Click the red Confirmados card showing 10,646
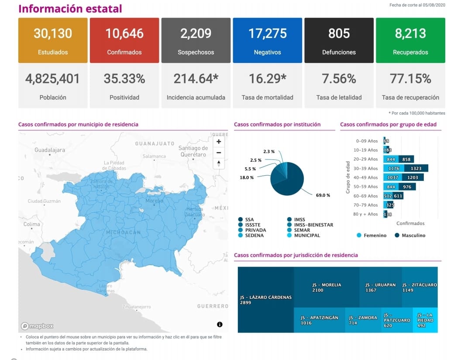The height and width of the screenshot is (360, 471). pos(124,40)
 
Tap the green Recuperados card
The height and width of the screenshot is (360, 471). pos(410,40)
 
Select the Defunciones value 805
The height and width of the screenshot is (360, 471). pos(339,34)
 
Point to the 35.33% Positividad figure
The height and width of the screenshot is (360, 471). pos(124,79)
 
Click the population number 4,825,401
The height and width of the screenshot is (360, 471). pos(53,79)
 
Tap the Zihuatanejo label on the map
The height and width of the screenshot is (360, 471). pos(137,307)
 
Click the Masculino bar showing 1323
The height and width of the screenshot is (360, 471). pos(416,168)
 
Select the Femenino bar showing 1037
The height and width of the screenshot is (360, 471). pos(393,177)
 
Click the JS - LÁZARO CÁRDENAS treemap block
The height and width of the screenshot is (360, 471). pos(266,300)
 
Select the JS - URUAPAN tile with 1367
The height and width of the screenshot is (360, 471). pos(380,287)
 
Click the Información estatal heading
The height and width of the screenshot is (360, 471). pos(70,9)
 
